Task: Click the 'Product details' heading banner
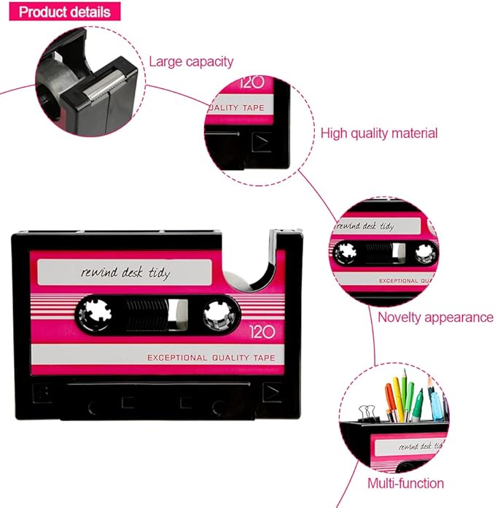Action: tap(65, 12)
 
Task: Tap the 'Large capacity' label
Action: tap(191, 61)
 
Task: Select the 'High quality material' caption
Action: tap(379, 134)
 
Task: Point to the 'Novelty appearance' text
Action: tap(435, 317)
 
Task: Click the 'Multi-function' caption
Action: tap(405, 483)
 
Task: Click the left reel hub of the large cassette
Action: tap(96, 313)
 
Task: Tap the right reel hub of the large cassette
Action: tap(219, 315)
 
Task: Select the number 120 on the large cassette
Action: tap(262, 332)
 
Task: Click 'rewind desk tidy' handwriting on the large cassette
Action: tap(125, 273)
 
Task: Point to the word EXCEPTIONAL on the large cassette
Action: tap(177, 358)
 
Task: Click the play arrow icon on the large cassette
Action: tap(271, 393)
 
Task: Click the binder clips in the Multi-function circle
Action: tap(368, 413)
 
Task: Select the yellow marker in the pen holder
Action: tap(398, 399)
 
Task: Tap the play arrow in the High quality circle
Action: tap(262, 142)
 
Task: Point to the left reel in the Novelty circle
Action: tap(346, 253)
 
